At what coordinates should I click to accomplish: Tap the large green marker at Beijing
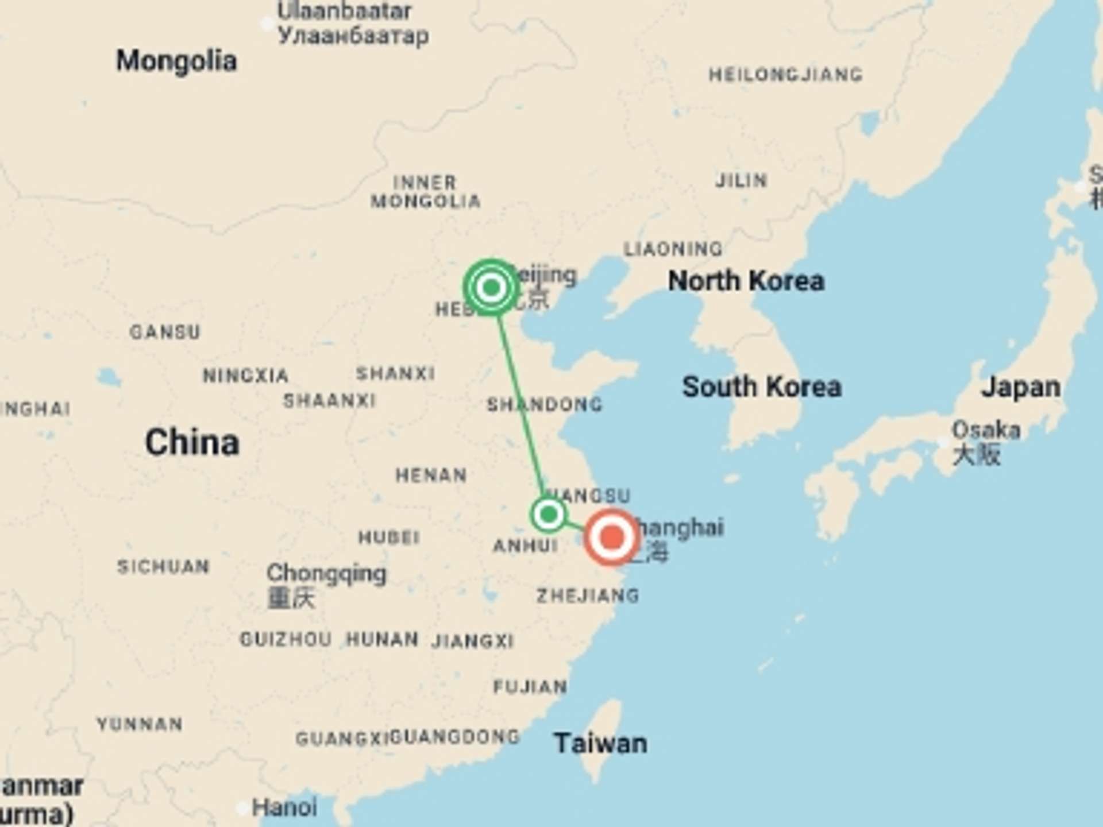pyautogui.click(x=491, y=287)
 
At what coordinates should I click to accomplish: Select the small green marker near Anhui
pyautogui.click(x=549, y=514)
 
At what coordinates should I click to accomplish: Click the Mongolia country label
pyautogui.click(x=176, y=61)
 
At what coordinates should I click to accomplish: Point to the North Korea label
pyautogui.click(x=746, y=281)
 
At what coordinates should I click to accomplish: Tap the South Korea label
pyautogui.click(x=762, y=387)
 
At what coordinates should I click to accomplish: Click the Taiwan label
pyautogui.click(x=600, y=743)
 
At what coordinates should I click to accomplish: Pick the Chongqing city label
pyautogui.click(x=326, y=573)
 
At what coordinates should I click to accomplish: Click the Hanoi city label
pyautogui.click(x=284, y=807)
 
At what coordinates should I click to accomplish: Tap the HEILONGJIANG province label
pyautogui.click(x=785, y=75)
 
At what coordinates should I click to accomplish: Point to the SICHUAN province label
pyautogui.click(x=163, y=567)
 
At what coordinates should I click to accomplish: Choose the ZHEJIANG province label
pyautogui.click(x=588, y=596)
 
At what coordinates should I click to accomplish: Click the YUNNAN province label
pyautogui.click(x=140, y=724)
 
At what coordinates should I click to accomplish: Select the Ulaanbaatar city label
pyautogui.click(x=344, y=11)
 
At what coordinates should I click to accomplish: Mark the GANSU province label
pyautogui.click(x=165, y=332)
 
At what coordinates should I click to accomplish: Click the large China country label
pyautogui.click(x=192, y=443)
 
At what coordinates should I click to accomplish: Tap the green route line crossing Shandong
pyautogui.click(x=521, y=405)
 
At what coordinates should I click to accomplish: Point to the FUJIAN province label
pyautogui.click(x=530, y=686)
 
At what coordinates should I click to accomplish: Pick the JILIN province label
pyautogui.click(x=741, y=181)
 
